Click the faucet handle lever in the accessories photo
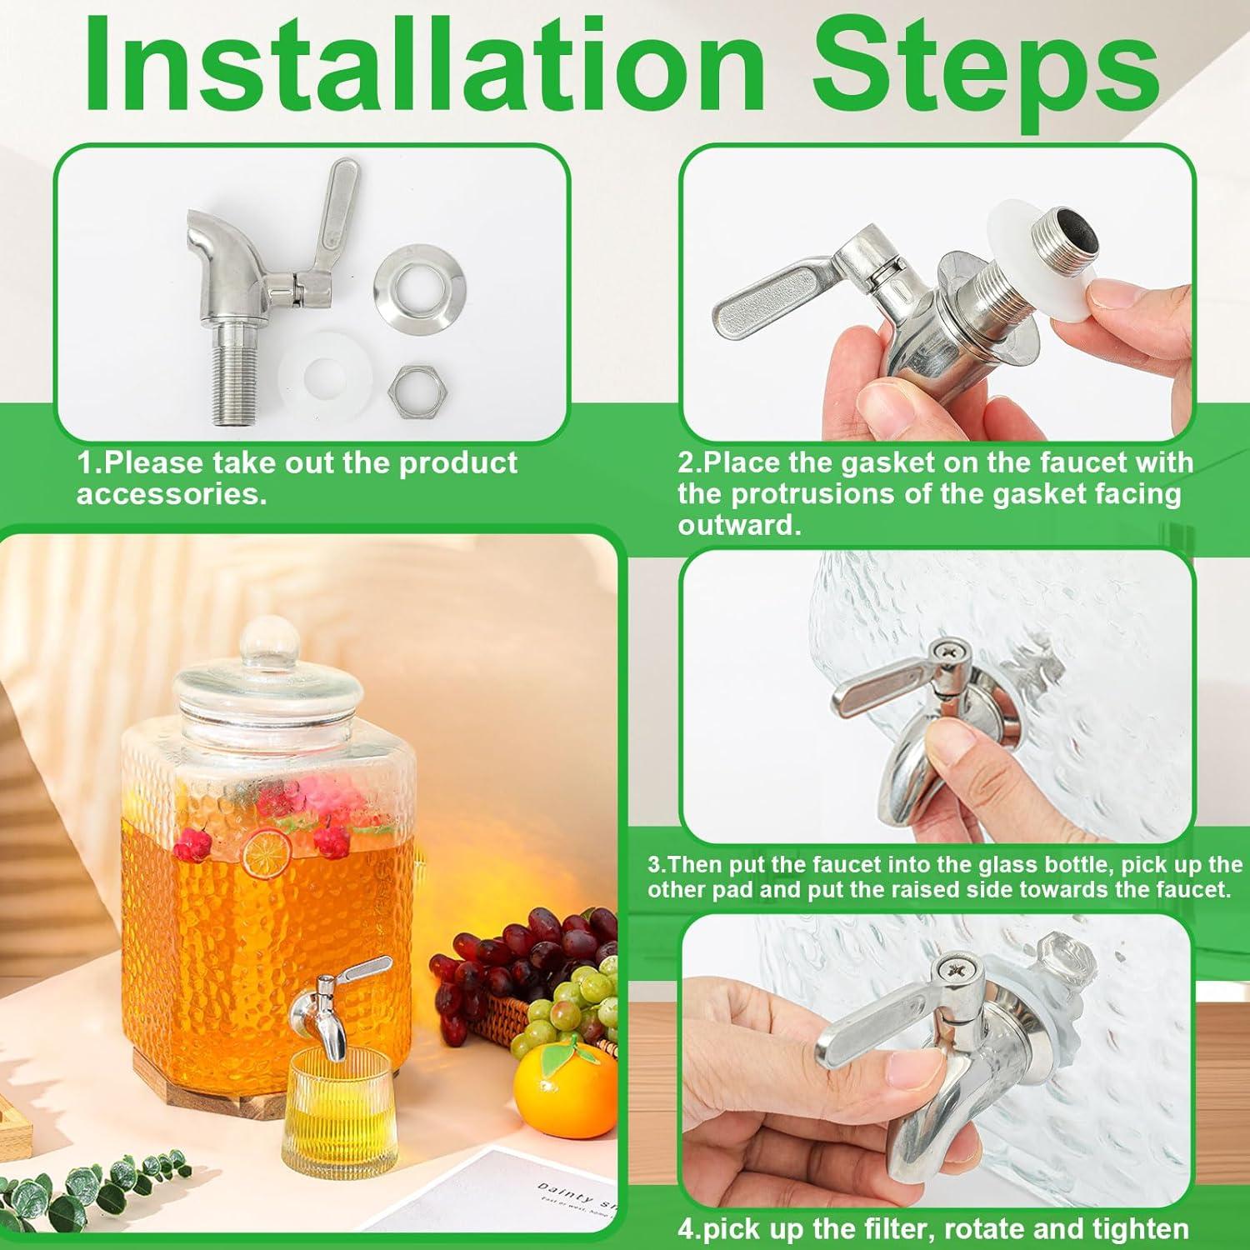pos(339,212)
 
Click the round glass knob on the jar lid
pos(267,641)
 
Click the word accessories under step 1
pos(172,494)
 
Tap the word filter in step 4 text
pos(911,1228)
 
